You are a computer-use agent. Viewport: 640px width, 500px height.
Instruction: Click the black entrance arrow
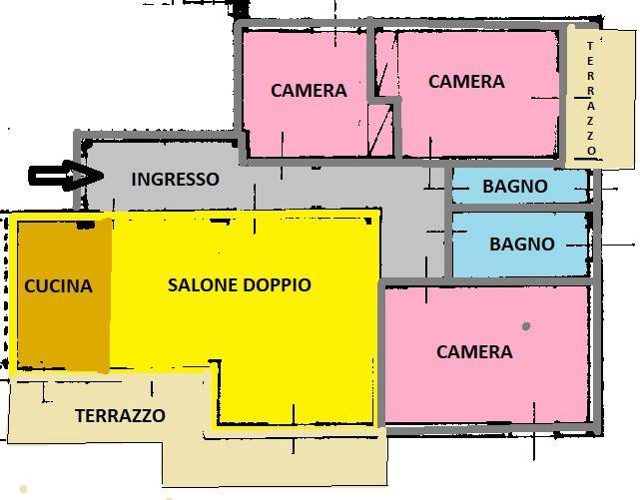[x=65, y=176]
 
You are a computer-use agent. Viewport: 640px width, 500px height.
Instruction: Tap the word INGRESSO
[x=175, y=180]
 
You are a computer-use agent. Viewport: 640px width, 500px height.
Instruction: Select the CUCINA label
[x=58, y=285]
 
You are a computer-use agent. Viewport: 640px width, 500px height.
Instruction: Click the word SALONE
[x=203, y=284]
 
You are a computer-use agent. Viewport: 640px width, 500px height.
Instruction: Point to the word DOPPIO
[x=278, y=284]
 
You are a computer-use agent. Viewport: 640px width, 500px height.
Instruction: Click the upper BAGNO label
[x=515, y=187]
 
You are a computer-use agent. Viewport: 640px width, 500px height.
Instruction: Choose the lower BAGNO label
[x=522, y=245]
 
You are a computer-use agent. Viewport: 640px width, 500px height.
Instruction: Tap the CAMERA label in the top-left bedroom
[x=309, y=91]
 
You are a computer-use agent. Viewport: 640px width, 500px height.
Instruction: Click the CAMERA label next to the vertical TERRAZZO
[x=466, y=82]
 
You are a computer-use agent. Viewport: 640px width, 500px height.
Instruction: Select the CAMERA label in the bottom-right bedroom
[x=474, y=352]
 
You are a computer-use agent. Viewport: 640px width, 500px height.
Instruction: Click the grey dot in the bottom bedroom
[x=526, y=326]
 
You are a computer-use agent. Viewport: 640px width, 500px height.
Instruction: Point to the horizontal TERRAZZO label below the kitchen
[x=121, y=415]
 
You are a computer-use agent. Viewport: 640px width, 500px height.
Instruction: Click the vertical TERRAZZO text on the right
[x=591, y=98]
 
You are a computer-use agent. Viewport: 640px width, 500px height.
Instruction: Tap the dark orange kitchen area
[x=64, y=295]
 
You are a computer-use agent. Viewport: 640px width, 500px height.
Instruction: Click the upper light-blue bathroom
[x=520, y=187]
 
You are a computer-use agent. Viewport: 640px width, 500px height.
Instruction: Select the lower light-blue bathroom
[x=520, y=245]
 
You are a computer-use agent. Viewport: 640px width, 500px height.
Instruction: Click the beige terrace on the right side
[x=601, y=98]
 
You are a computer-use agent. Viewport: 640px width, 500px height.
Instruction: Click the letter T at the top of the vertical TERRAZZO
[x=590, y=46]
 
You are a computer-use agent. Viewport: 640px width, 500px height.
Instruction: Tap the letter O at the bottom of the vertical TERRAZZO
[x=592, y=151]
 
